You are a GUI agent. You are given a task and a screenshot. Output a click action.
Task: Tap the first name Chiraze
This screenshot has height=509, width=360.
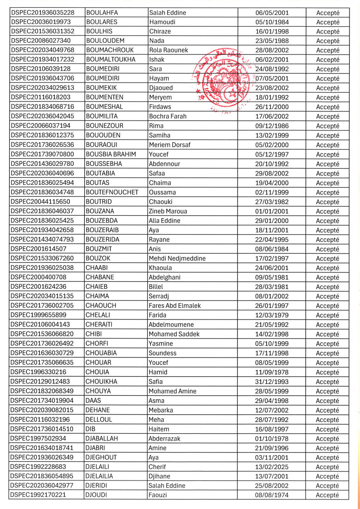click(161, 31)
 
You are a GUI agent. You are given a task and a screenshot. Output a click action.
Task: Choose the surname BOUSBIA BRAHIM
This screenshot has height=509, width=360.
click(111, 155)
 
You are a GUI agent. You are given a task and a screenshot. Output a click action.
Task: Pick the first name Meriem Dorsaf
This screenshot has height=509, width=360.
click(170, 145)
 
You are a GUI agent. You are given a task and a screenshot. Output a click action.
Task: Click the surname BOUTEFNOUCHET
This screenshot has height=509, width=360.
click(112, 192)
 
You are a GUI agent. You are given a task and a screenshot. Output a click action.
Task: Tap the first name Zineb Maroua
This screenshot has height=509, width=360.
click(168, 211)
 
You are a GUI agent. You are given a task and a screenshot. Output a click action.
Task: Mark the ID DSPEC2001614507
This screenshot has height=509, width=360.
click(38, 249)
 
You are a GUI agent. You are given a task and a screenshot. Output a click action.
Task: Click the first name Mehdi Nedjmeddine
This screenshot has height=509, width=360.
click(177, 258)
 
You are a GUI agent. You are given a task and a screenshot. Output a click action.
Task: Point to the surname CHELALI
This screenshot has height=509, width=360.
click(97, 315)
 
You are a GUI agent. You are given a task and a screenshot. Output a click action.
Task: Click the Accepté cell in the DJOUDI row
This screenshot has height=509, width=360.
click(327, 495)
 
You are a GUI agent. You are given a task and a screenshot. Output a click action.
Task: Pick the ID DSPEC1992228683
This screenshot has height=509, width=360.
click(38, 467)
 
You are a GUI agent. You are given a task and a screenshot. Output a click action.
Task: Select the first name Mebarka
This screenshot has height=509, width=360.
click(161, 410)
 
